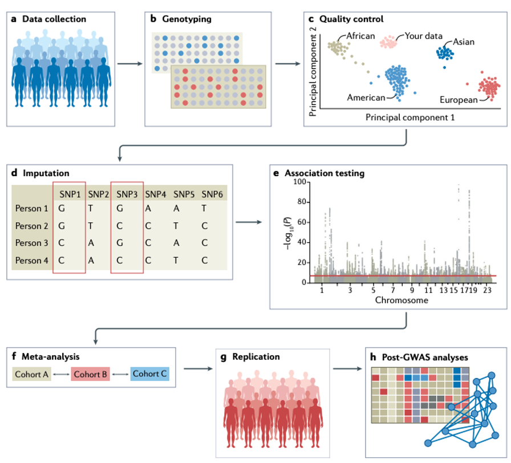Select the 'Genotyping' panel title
point(188,19)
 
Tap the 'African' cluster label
point(360,36)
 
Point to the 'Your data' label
point(424,36)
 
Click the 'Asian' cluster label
point(464,42)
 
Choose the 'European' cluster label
point(459,100)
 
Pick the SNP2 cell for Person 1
point(91,209)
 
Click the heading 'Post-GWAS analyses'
point(420,358)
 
